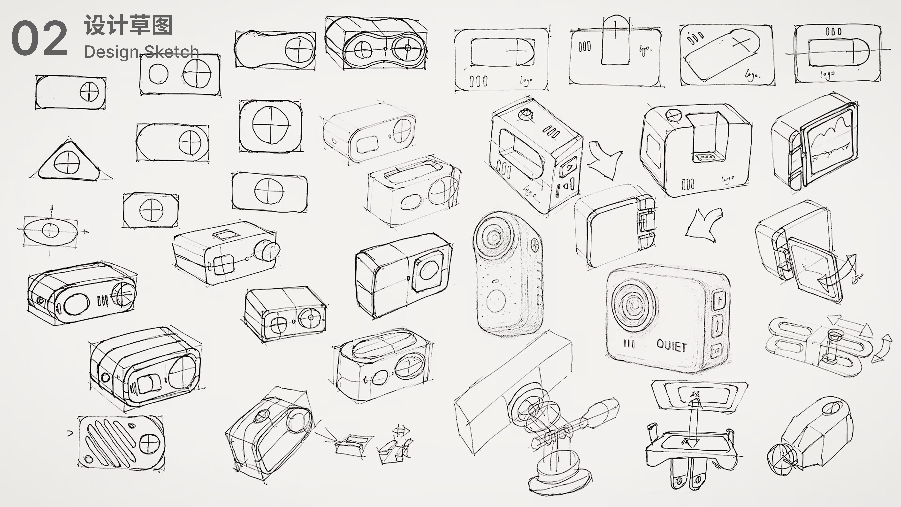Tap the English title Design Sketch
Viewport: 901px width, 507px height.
tap(141, 52)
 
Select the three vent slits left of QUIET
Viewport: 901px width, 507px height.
tap(629, 344)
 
